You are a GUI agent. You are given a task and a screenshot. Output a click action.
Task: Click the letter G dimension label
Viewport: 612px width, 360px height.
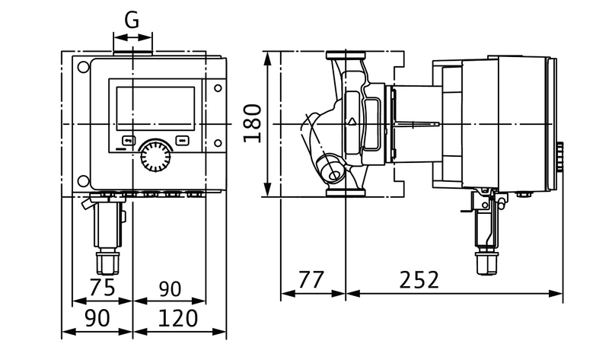point(132,20)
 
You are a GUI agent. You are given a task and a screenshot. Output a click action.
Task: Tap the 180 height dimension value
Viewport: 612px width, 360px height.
point(252,123)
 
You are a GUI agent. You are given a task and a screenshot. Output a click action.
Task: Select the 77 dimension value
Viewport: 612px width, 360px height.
point(311,279)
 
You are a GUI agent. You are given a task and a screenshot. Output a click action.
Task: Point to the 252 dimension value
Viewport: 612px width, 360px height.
point(419,279)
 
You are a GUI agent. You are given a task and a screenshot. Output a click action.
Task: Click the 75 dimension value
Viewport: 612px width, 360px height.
point(103,288)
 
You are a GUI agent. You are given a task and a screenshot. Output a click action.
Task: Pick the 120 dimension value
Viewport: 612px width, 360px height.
point(177,318)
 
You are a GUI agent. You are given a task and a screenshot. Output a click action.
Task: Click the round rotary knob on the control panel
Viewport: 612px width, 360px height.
point(155,155)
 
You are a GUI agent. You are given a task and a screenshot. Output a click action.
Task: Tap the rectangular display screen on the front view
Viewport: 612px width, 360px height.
point(155,109)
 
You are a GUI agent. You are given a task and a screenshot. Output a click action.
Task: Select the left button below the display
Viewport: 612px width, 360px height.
point(128,140)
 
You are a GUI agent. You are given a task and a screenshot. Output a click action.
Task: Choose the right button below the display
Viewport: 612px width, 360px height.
point(182,140)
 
